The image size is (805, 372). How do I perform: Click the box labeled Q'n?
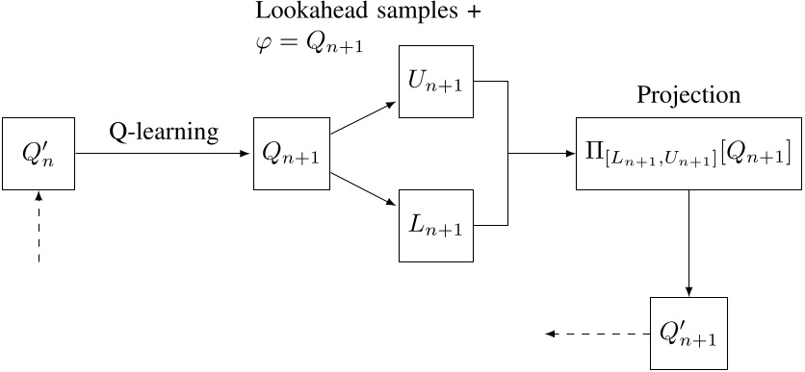click(x=39, y=153)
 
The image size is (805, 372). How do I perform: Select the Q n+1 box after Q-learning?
click(x=291, y=153)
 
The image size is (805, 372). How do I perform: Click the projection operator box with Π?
click(x=688, y=153)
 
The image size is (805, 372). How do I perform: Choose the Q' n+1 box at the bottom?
click(x=688, y=335)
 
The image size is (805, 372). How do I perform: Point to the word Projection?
click(x=688, y=96)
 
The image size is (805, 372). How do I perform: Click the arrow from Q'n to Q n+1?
click(x=164, y=153)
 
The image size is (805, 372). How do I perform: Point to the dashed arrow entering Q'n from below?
click(x=39, y=226)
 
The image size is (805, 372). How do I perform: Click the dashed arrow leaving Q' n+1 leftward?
click(x=597, y=335)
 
